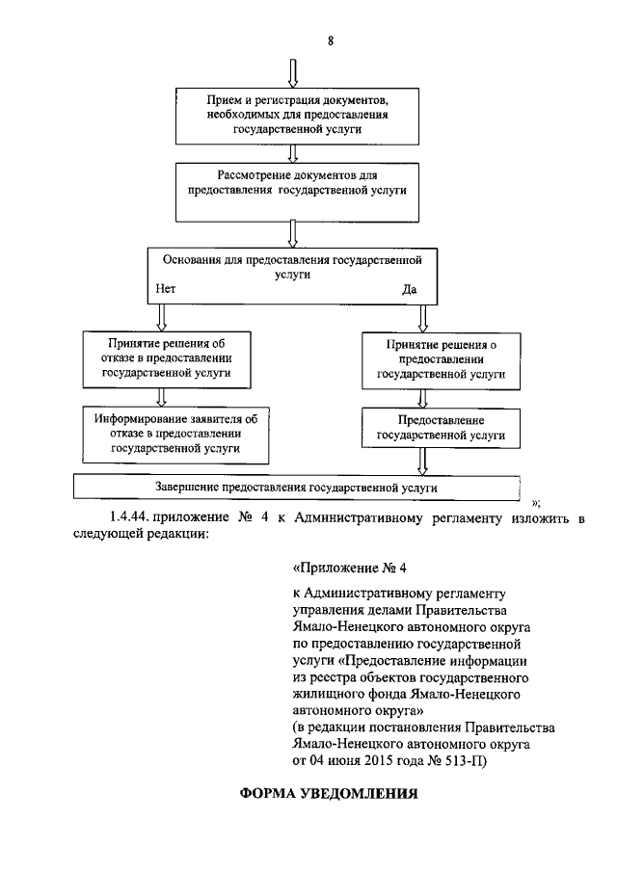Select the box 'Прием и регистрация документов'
click(x=296, y=115)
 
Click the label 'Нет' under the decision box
click(x=164, y=288)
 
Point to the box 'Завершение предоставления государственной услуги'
click(x=297, y=488)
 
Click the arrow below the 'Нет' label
click(x=161, y=315)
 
